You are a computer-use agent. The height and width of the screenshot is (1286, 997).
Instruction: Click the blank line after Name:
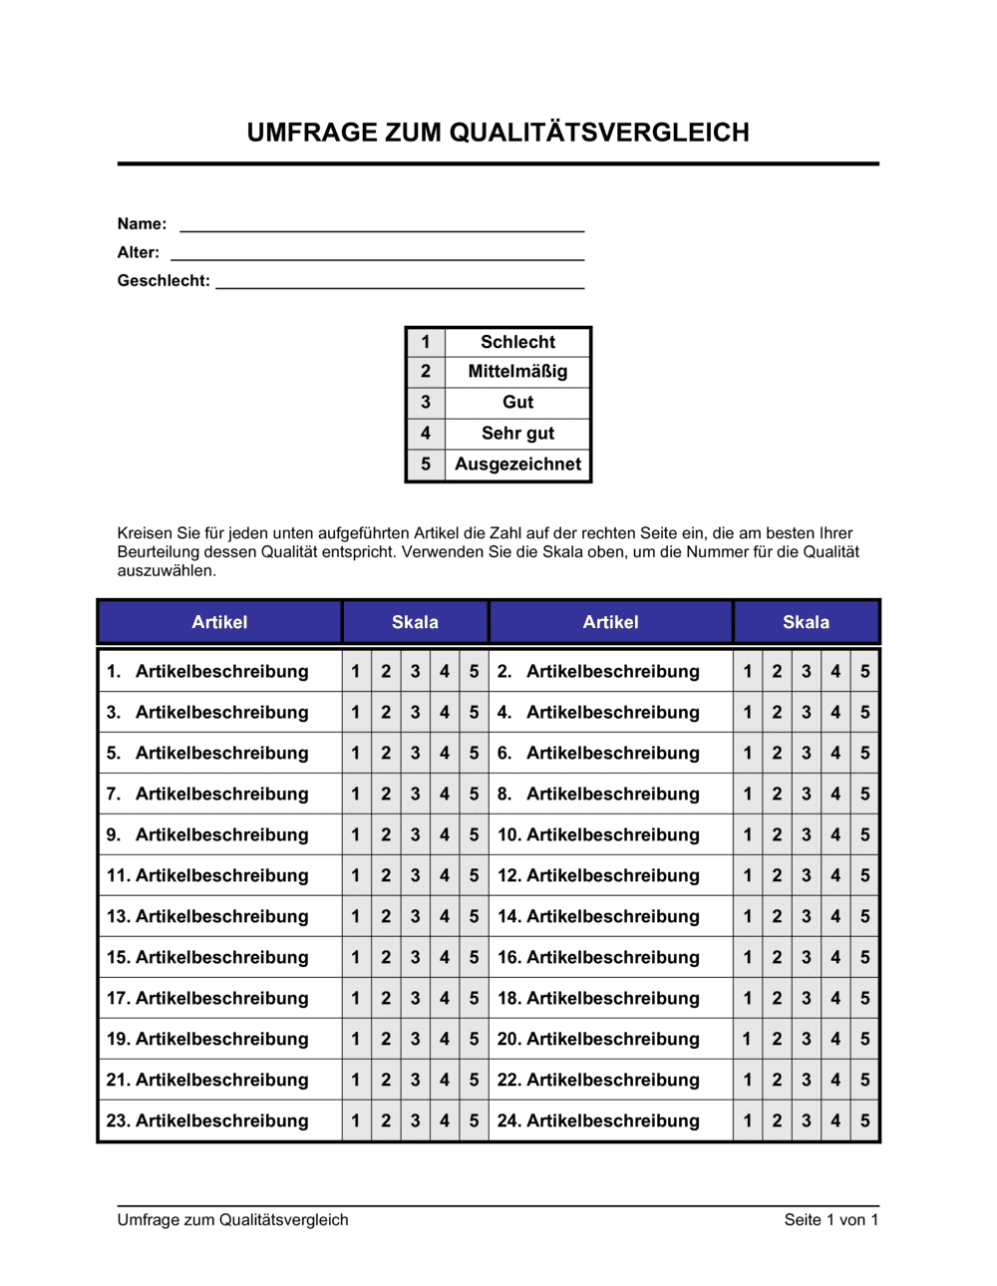pos(382,228)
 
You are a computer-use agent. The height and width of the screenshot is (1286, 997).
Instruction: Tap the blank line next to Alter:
pos(377,257)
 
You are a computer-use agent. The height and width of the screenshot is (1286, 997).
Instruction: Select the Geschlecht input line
pos(400,285)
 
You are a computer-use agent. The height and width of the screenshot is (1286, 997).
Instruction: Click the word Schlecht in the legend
pos(517,342)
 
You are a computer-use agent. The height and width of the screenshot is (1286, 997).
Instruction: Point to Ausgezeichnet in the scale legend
pos(517,465)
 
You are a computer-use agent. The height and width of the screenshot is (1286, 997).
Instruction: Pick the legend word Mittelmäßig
pos(517,372)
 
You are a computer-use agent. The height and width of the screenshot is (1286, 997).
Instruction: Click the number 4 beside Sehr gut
pos(426,434)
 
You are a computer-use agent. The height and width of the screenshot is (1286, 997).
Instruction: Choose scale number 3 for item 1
pos(416,672)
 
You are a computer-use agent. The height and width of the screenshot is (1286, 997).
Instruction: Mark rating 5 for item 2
pos(865,672)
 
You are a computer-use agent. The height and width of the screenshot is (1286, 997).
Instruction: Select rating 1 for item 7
pos(356,795)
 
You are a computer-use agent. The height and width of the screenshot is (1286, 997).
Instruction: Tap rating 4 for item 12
pos(835,876)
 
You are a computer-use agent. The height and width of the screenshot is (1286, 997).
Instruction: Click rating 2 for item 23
pos(386,1122)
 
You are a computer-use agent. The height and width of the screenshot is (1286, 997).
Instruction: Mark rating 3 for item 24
pos(807,1122)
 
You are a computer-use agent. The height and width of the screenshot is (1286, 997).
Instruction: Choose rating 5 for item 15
pos(475,958)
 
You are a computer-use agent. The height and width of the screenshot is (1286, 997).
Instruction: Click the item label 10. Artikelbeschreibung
pos(598,835)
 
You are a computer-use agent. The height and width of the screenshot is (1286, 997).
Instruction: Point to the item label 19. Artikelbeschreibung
pos(207,1040)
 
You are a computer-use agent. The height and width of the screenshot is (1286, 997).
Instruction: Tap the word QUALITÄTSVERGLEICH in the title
pos(599,133)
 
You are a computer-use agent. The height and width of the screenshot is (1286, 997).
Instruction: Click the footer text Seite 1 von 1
pos(831,1220)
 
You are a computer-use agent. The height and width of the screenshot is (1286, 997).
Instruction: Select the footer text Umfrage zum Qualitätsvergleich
pos(232,1220)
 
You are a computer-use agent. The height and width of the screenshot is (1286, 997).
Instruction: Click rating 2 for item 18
pos(777,999)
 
